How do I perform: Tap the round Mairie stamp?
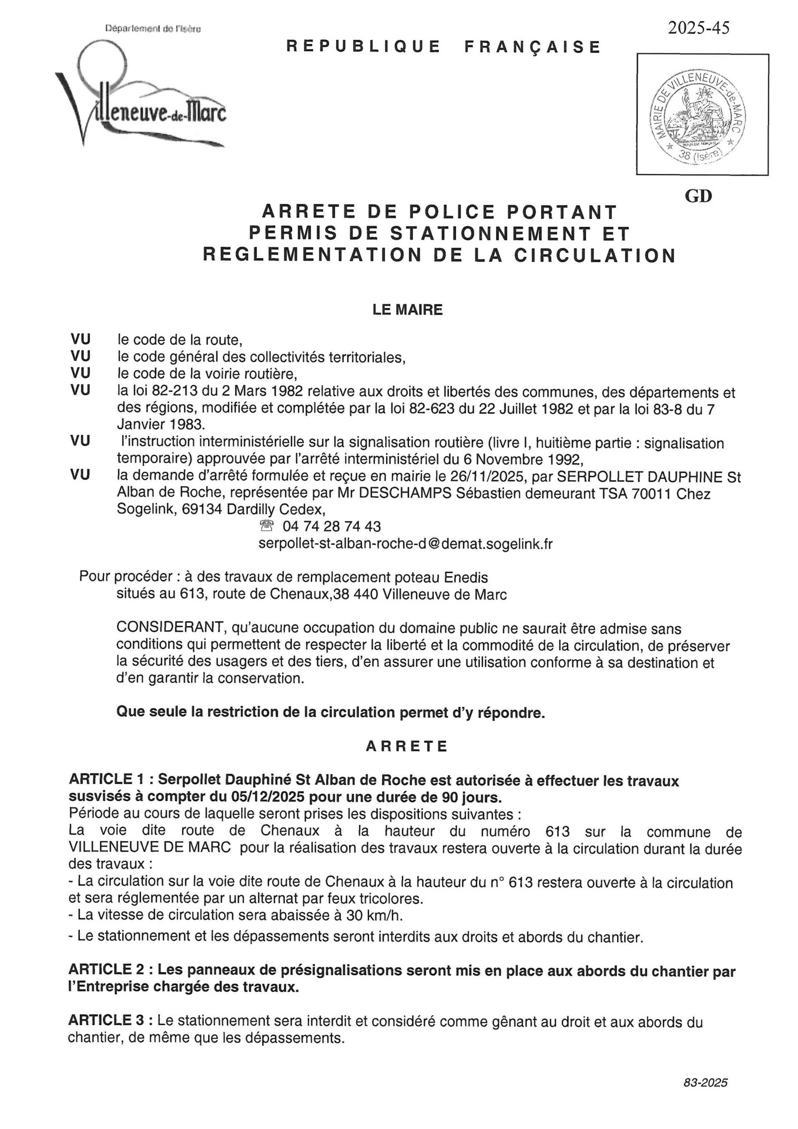pyautogui.click(x=702, y=114)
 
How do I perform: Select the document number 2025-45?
pyautogui.click(x=698, y=28)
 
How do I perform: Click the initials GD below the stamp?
pyautogui.click(x=698, y=196)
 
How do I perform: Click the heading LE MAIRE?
pyautogui.click(x=407, y=310)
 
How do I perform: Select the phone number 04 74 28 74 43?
pyautogui.click(x=331, y=527)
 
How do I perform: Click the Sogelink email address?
pyautogui.click(x=405, y=543)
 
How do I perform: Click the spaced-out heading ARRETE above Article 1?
pyautogui.click(x=407, y=746)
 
